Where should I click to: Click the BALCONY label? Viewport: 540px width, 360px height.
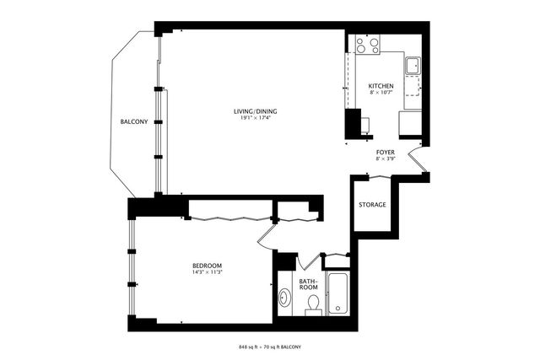click(133, 121)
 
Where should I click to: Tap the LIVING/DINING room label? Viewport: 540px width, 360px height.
click(256, 111)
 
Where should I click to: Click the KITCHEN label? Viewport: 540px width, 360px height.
click(381, 87)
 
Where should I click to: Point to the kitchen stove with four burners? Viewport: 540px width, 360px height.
click(367, 45)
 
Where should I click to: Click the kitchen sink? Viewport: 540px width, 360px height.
click(413, 66)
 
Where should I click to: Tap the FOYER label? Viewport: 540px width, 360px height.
click(386, 152)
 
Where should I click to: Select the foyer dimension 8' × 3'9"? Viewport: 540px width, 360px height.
click(386, 159)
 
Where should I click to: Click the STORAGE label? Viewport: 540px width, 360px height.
click(372, 205)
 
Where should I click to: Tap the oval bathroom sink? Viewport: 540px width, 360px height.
click(285, 298)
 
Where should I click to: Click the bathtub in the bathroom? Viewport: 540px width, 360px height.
click(337, 294)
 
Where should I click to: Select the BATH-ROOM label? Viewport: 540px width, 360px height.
click(308, 282)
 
